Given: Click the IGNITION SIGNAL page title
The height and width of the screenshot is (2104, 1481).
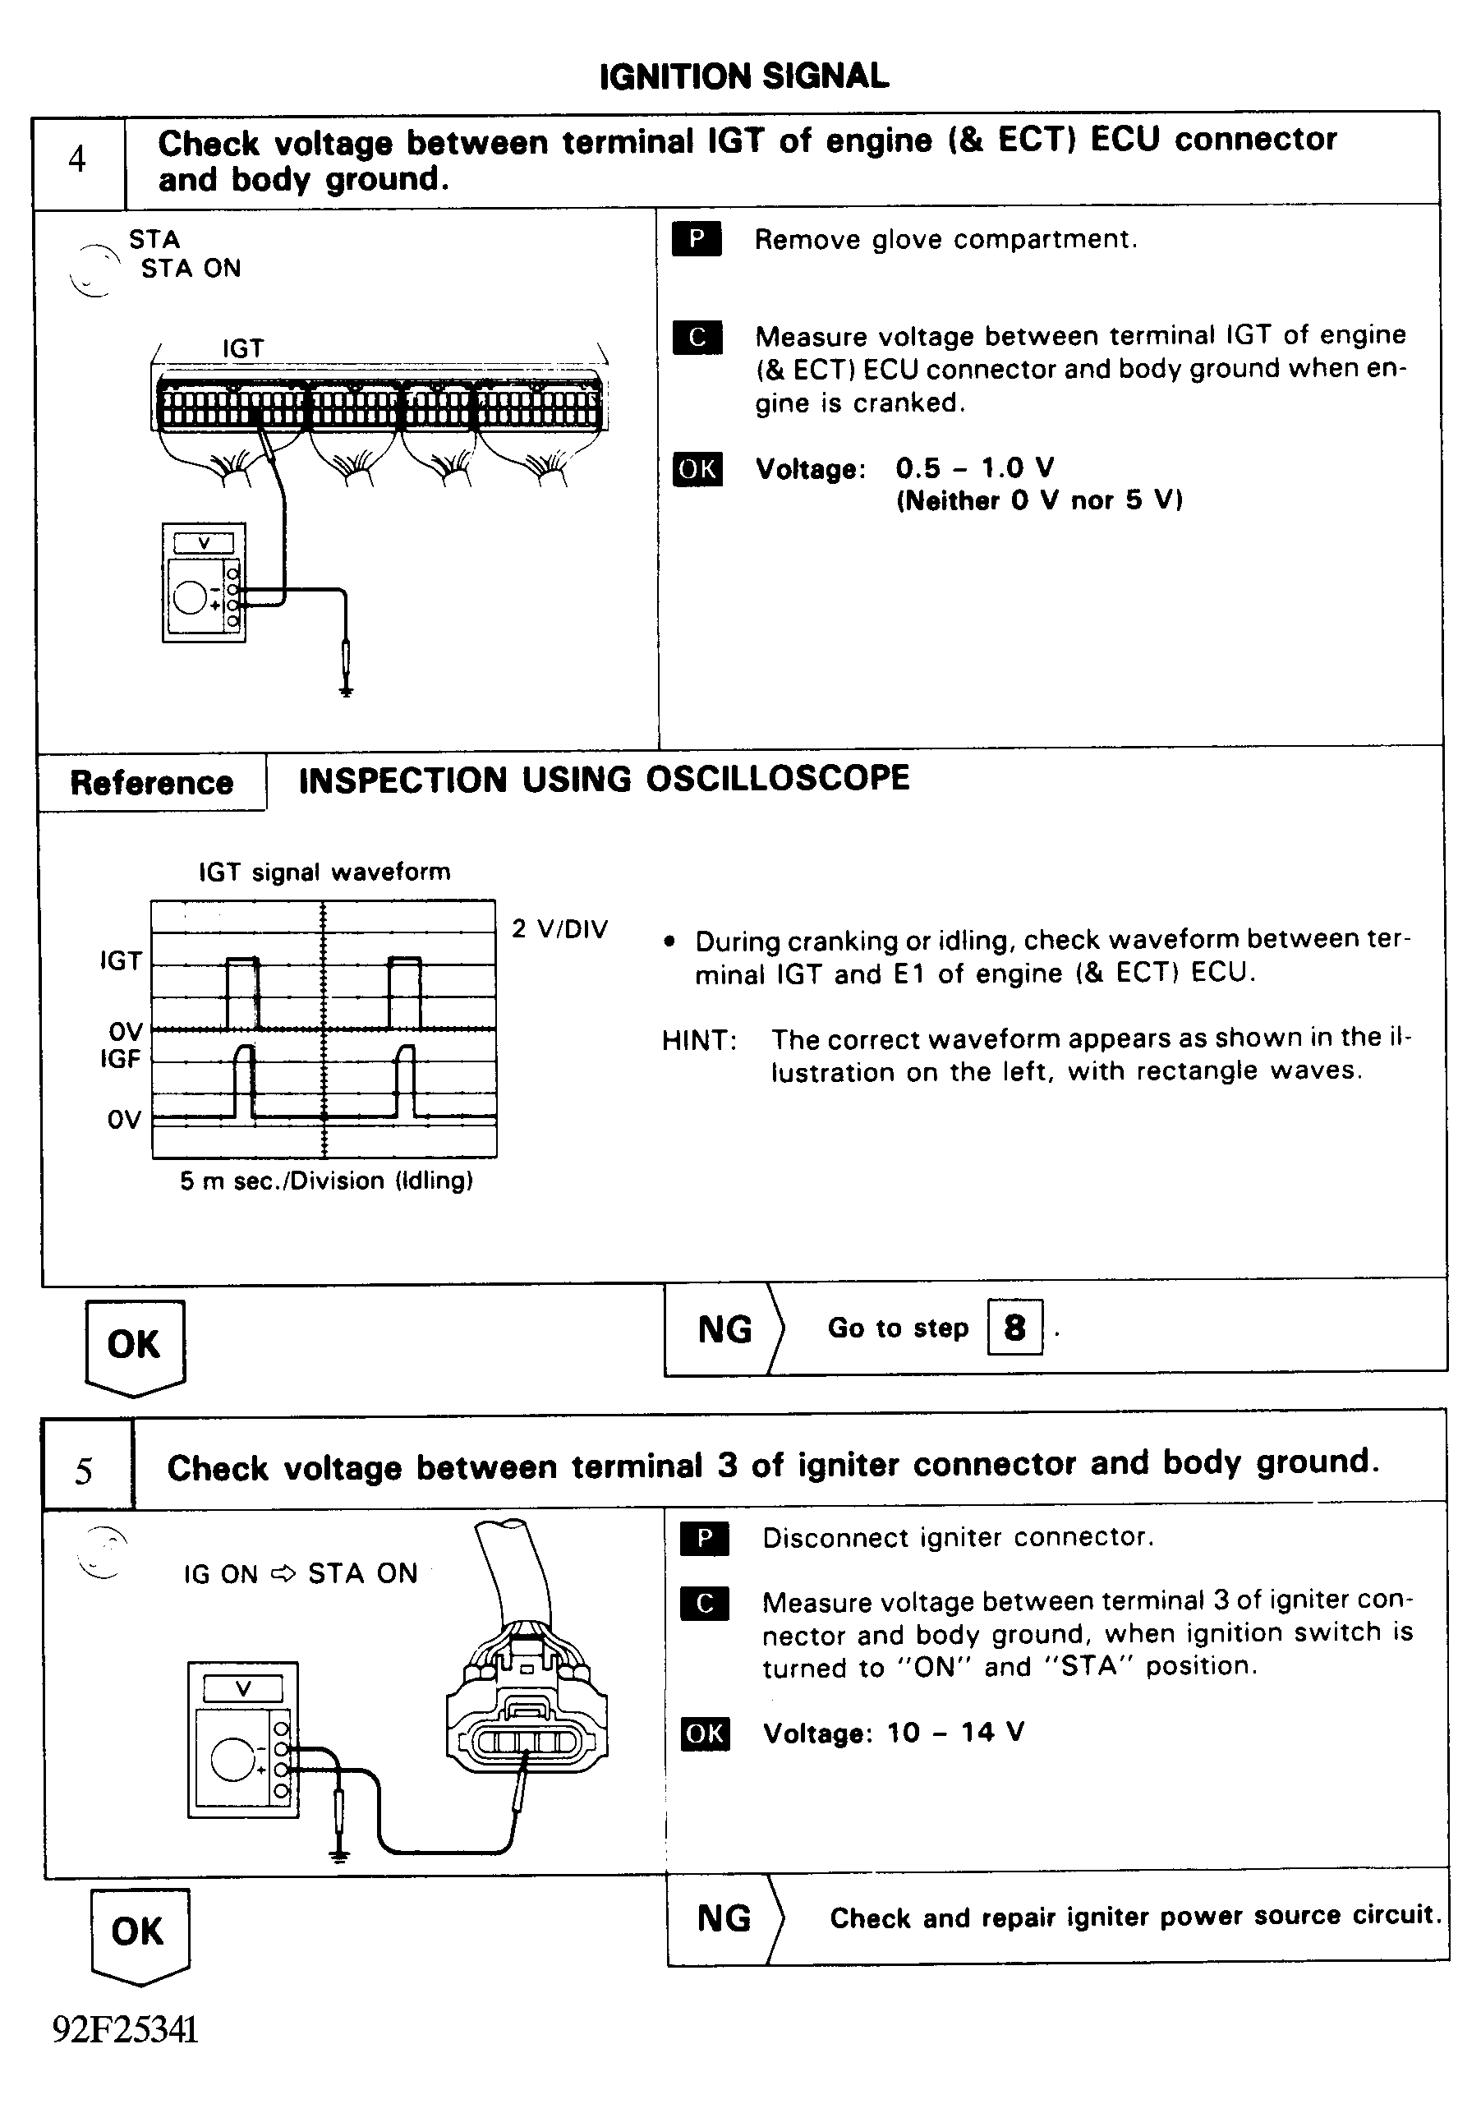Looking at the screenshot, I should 743,76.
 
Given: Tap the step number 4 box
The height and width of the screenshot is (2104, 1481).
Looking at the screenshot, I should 78,160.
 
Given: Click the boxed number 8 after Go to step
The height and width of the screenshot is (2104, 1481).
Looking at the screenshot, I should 1014,1327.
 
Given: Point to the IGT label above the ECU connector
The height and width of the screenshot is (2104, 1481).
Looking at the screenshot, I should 243,348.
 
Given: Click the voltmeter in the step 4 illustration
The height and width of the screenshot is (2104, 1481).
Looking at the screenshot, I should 204,582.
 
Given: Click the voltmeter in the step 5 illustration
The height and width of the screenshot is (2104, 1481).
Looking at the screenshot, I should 243,1739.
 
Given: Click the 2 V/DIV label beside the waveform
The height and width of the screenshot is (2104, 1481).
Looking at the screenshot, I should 559,929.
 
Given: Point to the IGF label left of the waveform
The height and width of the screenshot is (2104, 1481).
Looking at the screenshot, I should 120,1059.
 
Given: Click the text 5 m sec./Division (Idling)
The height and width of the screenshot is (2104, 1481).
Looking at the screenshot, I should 326,1181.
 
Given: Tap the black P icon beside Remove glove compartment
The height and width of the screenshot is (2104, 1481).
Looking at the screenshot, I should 697,239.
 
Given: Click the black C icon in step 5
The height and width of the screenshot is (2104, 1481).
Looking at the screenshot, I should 704,1603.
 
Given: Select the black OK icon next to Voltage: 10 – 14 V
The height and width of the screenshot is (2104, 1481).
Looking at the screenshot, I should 704,1733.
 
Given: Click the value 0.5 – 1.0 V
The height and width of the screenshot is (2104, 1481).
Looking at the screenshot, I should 974,468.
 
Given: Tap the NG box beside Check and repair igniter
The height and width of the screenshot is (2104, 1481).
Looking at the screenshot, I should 724,1919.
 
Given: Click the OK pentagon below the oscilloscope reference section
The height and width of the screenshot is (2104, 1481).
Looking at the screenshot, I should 135,1345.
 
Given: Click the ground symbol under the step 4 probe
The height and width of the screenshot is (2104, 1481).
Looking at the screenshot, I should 346,691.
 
